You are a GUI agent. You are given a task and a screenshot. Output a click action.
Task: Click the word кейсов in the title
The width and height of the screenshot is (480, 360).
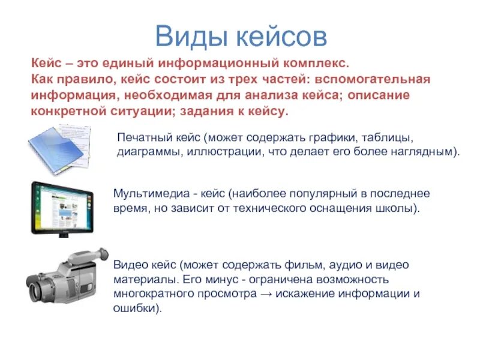(281, 36)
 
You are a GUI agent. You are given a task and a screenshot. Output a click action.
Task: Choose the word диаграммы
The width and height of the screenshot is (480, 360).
(144, 152)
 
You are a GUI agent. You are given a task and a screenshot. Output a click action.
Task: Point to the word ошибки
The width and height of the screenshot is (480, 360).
(137, 308)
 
